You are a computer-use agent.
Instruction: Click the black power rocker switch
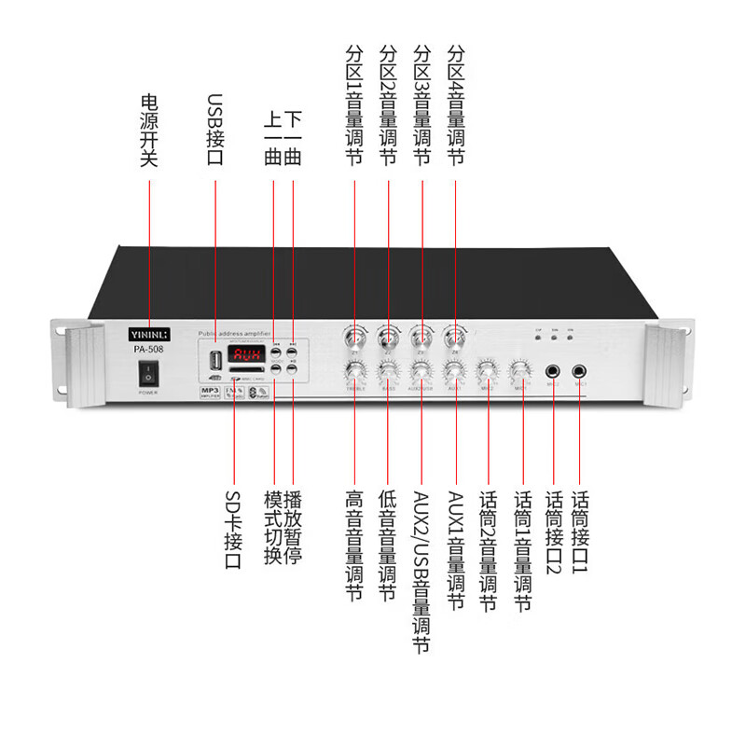(x=147, y=374)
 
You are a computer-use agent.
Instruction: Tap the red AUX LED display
(x=247, y=355)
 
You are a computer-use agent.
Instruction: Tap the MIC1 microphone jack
(x=580, y=371)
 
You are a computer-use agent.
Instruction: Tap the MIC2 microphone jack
(x=555, y=371)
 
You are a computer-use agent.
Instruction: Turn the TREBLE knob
(x=354, y=373)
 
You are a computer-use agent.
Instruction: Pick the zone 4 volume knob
(x=455, y=337)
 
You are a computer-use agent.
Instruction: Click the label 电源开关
(x=149, y=130)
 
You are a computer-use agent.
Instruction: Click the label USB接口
(x=215, y=130)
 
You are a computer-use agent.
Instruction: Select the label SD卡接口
(x=233, y=531)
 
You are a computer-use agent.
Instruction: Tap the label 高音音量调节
(x=354, y=546)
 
